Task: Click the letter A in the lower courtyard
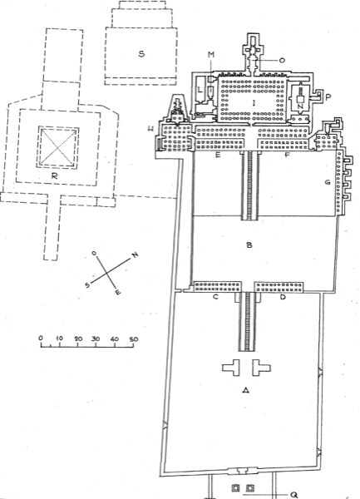(x=245, y=390)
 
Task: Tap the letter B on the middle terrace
(x=249, y=245)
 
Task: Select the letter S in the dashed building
(x=141, y=53)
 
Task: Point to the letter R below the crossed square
(x=55, y=175)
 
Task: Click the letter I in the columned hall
(x=254, y=102)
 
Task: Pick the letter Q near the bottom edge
(x=293, y=495)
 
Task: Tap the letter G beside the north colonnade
(x=328, y=182)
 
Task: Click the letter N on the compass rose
(x=136, y=254)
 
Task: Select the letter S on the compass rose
(x=87, y=284)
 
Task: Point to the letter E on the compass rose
(x=118, y=292)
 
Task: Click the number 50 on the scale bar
(x=134, y=339)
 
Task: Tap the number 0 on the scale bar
(x=41, y=338)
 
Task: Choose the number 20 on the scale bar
(x=78, y=338)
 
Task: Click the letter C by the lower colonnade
(x=216, y=297)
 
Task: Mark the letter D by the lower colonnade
(x=283, y=297)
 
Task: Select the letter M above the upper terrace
(x=211, y=55)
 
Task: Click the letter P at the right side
(x=328, y=96)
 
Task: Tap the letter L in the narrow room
(x=200, y=90)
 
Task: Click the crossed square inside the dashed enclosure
(x=58, y=146)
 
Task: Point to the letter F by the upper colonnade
(x=288, y=156)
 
